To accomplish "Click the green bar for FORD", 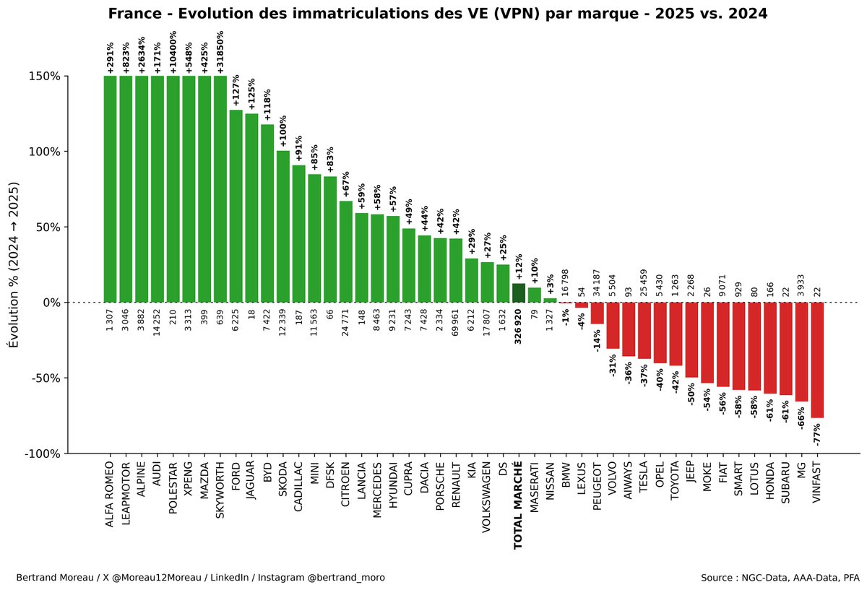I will (x=236, y=206).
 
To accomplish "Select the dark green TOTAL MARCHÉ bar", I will (x=518, y=292).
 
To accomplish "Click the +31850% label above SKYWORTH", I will (x=220, y=51).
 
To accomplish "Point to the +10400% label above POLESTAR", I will (x=173, y=51).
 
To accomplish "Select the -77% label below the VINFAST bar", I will (x=817, y=433).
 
